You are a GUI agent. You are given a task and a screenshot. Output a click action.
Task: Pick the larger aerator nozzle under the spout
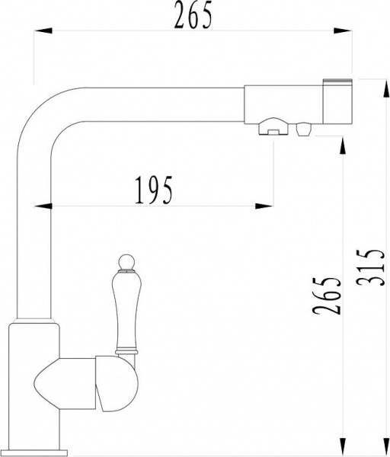(x=272, y=129)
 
